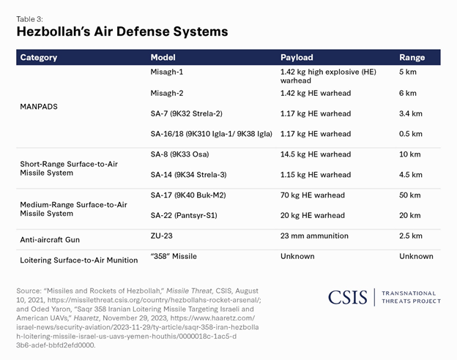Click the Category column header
[x=38, y=57]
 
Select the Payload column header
[x=297, y=57]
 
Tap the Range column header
[x=412, y=57]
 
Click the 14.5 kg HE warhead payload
[x=315, y=154]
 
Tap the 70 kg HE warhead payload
[x=312, y=195]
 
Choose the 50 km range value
[x=410, y=195]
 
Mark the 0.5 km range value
[x=410, y=134]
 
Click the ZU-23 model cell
[x=163, y=236]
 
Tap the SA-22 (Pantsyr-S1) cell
[x=184, y=216]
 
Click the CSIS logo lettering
[x=347, y=297]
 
